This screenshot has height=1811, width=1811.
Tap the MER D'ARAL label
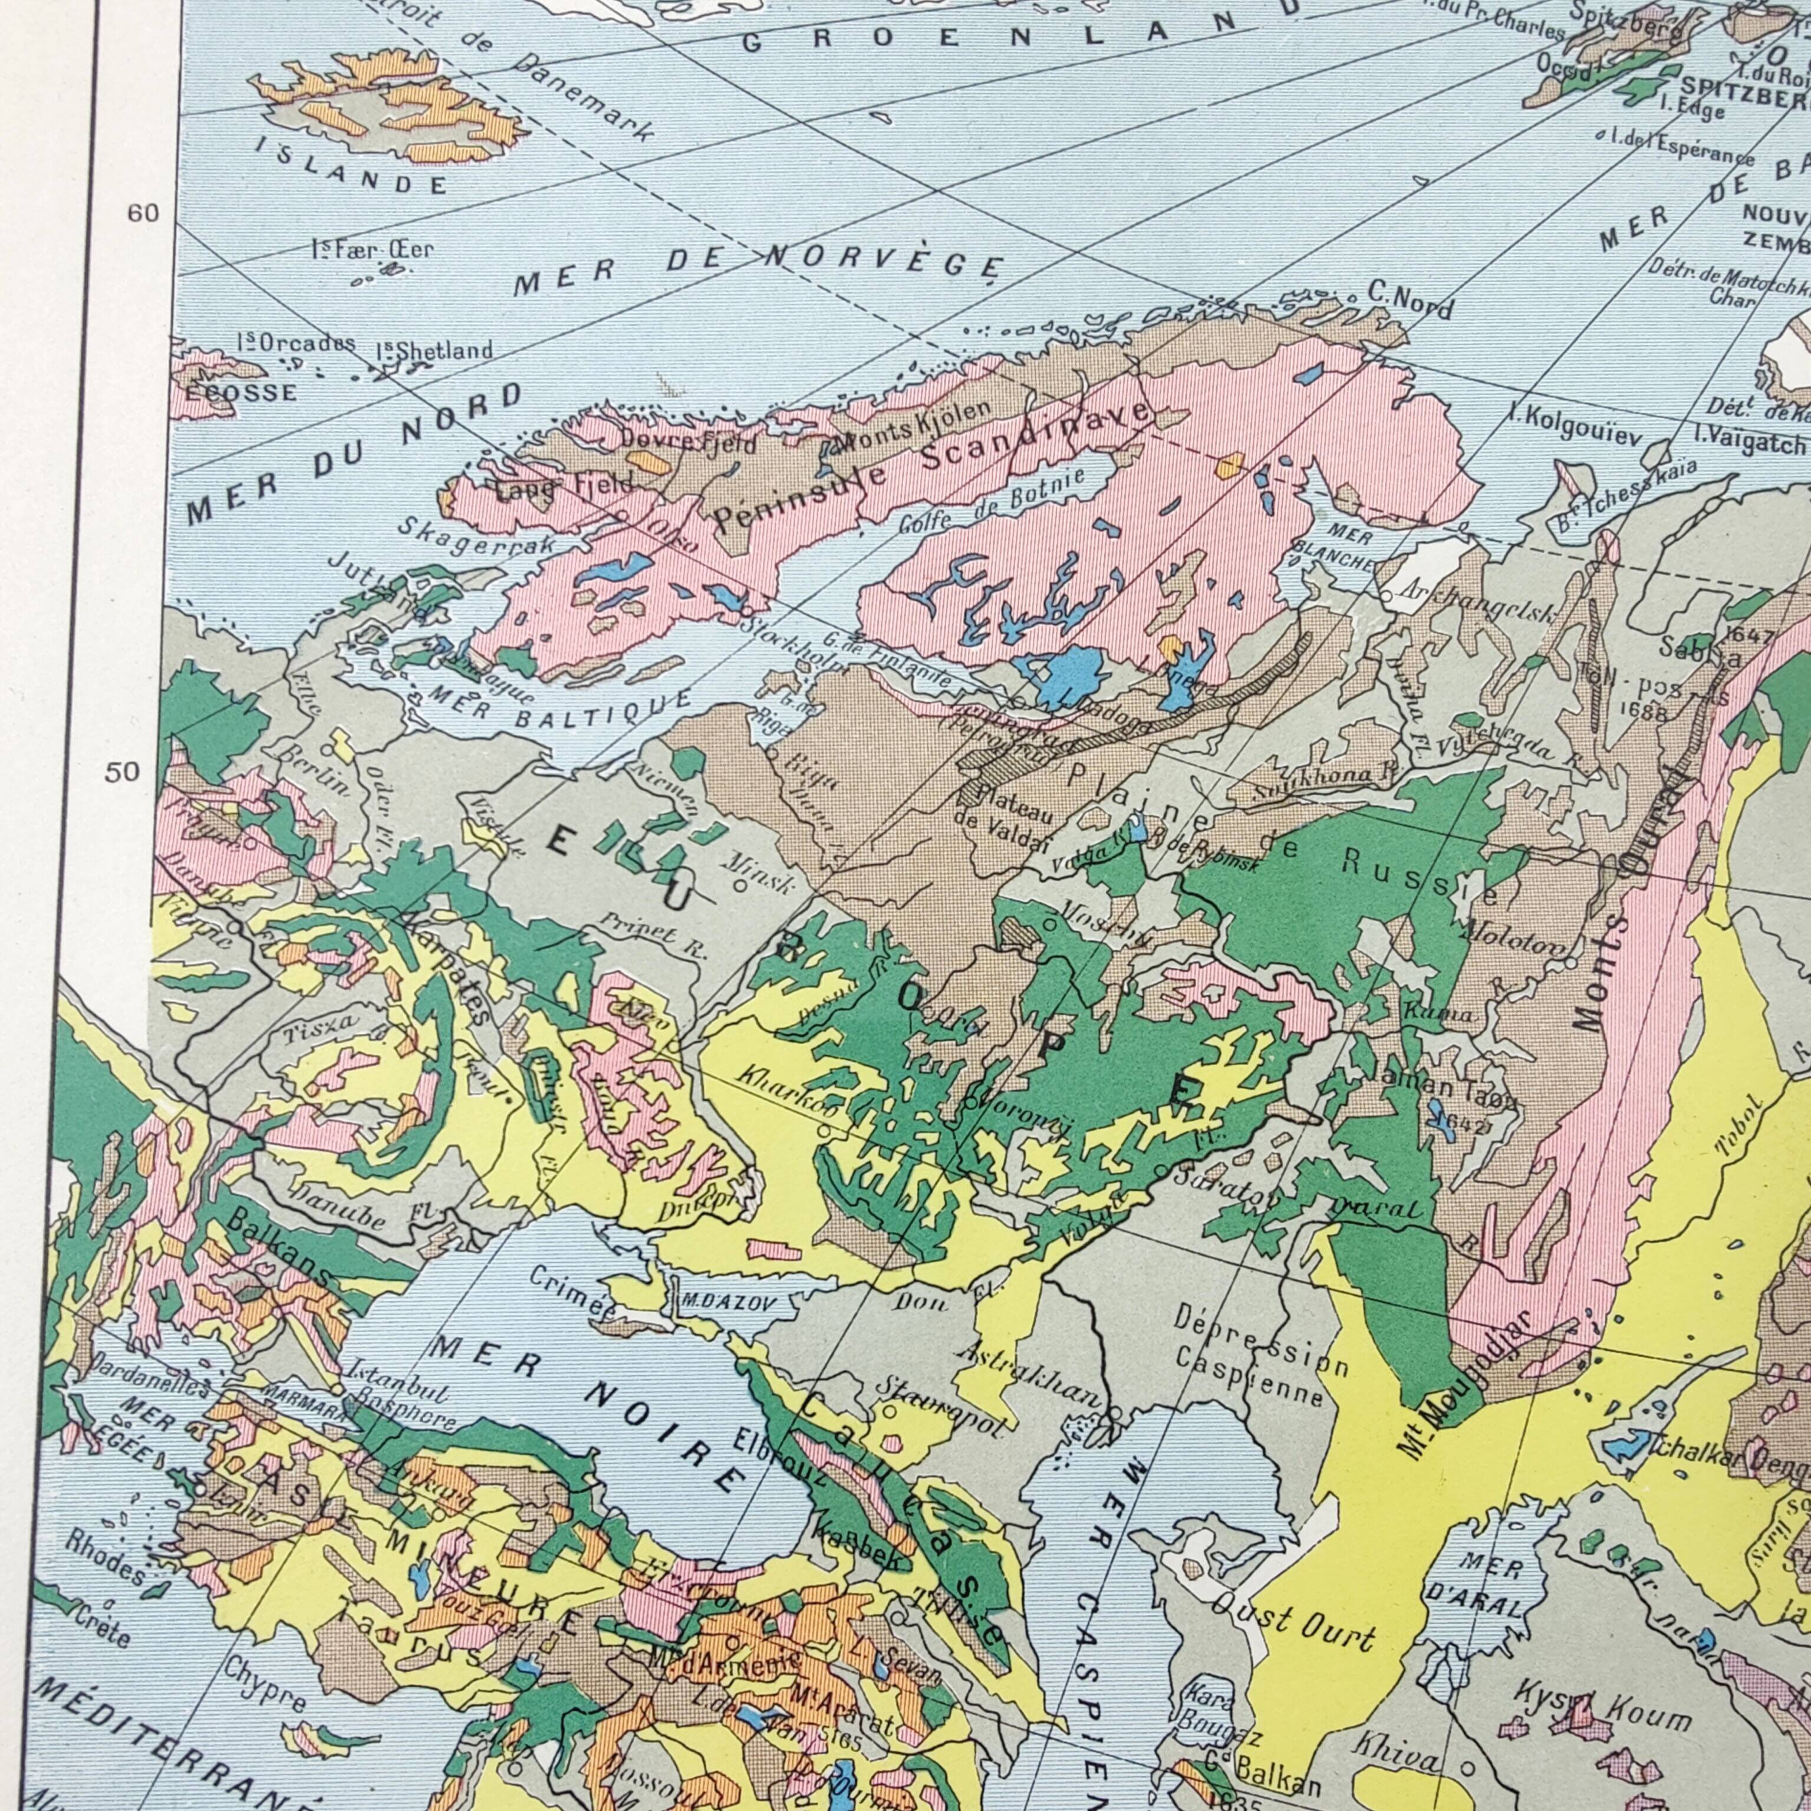click(1490, 1584)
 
